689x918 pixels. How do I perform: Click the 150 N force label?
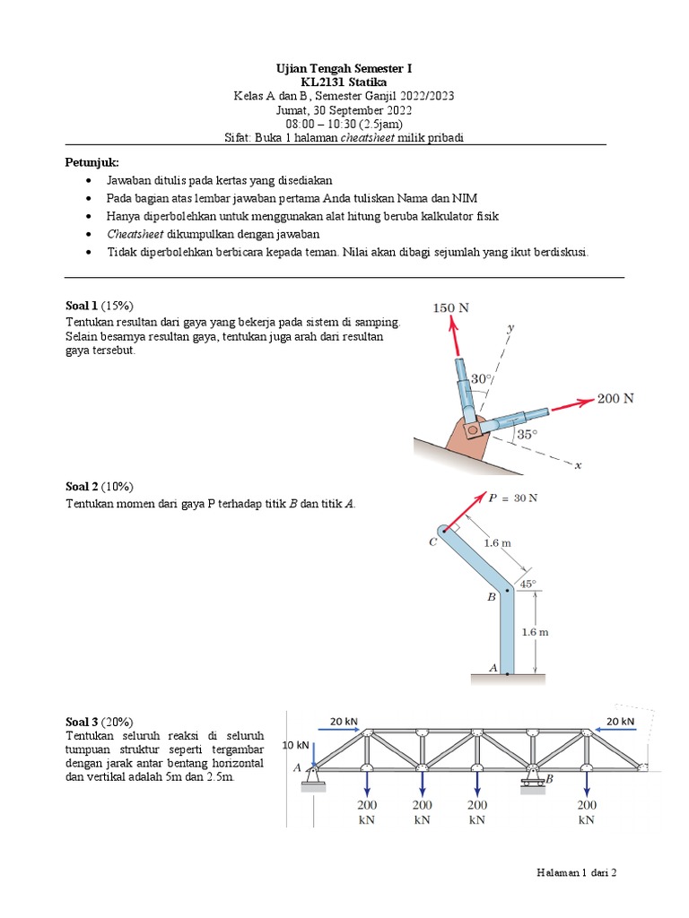coord(451,307)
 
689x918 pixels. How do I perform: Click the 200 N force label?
coord(615,398)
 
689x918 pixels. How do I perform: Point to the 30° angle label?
coord(482,378)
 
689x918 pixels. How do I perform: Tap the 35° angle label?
coord(527,435)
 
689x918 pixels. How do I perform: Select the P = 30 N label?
coord(513,498)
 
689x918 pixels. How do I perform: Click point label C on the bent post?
coord(432,542)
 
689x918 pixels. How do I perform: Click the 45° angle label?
coord(528,584)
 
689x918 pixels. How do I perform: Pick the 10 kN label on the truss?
coord(295,745)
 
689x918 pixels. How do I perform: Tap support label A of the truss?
coord(297,767)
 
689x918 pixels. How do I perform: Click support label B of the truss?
coord(549,780)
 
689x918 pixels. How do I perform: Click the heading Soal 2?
coord(82,487)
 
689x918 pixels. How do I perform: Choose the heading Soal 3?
coord(82,721)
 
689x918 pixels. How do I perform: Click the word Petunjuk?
coord(92,162)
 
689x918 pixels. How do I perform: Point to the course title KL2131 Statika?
coord(344,82)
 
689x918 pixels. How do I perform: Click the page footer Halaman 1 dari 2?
coord(577,870)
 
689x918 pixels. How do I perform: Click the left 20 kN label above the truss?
coord(344,721)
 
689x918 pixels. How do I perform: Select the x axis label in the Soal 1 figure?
coord(578,465)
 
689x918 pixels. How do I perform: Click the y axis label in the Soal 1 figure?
coord(510,329)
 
